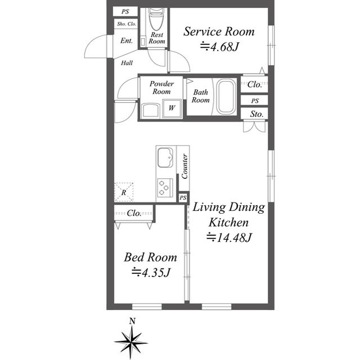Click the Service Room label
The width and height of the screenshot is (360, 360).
219,31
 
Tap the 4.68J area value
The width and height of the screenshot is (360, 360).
220,48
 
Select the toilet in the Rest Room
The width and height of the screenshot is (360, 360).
155,23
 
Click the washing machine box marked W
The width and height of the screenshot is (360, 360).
172,107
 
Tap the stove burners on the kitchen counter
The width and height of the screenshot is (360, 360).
165,187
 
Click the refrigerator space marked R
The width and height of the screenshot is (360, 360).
124,192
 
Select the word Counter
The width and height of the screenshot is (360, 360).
184,165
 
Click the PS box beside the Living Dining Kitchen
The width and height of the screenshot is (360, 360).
183,198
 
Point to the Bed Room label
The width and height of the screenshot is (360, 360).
150,258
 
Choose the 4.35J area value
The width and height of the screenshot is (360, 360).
151,273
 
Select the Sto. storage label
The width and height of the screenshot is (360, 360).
257,114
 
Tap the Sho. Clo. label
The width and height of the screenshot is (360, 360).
125,24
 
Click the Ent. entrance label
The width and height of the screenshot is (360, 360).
127,40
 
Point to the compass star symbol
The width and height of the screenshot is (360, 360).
132,341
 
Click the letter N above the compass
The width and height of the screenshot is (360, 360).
132,321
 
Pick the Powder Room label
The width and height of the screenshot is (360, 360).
161,87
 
